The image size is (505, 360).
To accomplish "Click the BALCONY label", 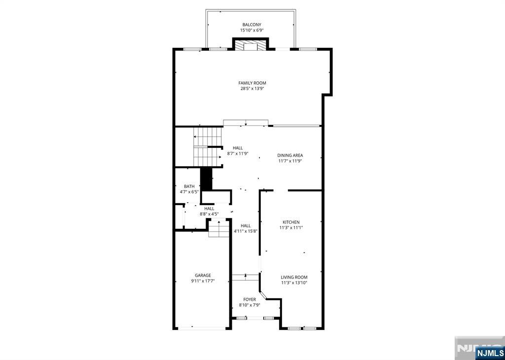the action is [252, 25].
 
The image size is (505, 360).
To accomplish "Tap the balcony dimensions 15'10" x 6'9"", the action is [252, 30].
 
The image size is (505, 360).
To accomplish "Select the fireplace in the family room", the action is [251, 45].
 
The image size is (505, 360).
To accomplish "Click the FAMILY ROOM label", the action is [252, 83].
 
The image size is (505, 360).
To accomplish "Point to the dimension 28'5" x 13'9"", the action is [252, 89].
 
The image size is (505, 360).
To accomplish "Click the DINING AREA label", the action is [290, 155].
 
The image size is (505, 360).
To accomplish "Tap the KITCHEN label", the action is [291, 222].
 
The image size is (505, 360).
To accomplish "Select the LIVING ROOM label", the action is [294, 277].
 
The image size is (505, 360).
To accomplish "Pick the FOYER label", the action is [250, 299].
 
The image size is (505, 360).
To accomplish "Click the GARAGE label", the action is [203, 275].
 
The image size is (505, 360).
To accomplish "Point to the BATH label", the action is [189, 186].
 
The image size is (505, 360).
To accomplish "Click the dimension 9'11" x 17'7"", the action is [203, 281].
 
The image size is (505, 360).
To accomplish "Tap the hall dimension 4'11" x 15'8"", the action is [246, 231].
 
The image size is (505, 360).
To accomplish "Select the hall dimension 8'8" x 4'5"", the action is [209, 214].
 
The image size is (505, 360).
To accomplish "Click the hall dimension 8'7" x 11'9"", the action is [238, 153].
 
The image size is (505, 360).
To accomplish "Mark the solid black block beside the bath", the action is [206, 179].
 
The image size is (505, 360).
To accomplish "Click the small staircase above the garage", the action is [218, 229].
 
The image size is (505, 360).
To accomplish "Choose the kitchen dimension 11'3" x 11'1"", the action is [291, 228].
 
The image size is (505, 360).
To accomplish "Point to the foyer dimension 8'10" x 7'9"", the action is [250, 305].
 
